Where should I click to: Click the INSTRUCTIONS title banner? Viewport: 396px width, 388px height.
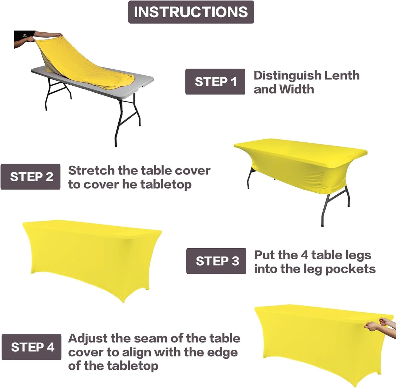[x=191, y=12]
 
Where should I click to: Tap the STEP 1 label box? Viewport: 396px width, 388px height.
[x=215, y=82]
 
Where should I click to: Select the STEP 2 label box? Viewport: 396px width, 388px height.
[x=30, y=177]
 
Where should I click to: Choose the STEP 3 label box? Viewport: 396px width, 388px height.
[x=216, y=261]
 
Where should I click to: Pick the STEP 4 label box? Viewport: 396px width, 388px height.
[x=32, y=347]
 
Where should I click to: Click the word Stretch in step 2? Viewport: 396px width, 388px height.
[x=91, y=171]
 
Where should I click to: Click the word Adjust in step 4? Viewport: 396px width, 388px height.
[x=87, y=339]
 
